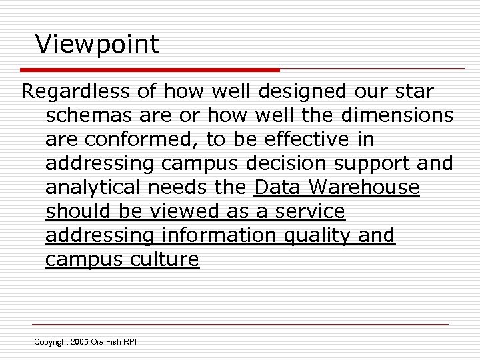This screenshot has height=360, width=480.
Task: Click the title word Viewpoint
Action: (97, 45)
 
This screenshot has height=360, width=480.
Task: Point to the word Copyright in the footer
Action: (51, 343)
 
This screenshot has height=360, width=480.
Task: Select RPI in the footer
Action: (129, 343)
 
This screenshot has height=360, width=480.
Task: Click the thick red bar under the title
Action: (150, 69)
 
